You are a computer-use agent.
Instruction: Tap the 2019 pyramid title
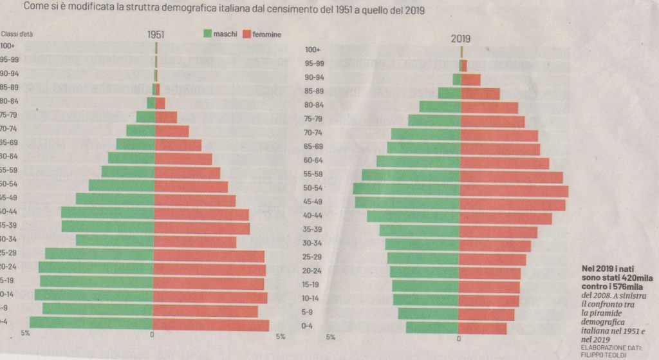460,39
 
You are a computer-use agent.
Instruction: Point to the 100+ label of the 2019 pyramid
313,50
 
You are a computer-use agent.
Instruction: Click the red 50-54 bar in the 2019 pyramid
514,191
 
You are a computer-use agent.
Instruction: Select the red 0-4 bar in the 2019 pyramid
483,328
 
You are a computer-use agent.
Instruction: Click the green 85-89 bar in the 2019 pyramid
449,93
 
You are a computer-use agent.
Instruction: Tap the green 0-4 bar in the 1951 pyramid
91,324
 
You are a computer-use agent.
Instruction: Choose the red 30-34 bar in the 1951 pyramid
195,242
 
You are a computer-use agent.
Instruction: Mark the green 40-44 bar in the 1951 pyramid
107,213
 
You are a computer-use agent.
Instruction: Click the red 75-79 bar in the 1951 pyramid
166,117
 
